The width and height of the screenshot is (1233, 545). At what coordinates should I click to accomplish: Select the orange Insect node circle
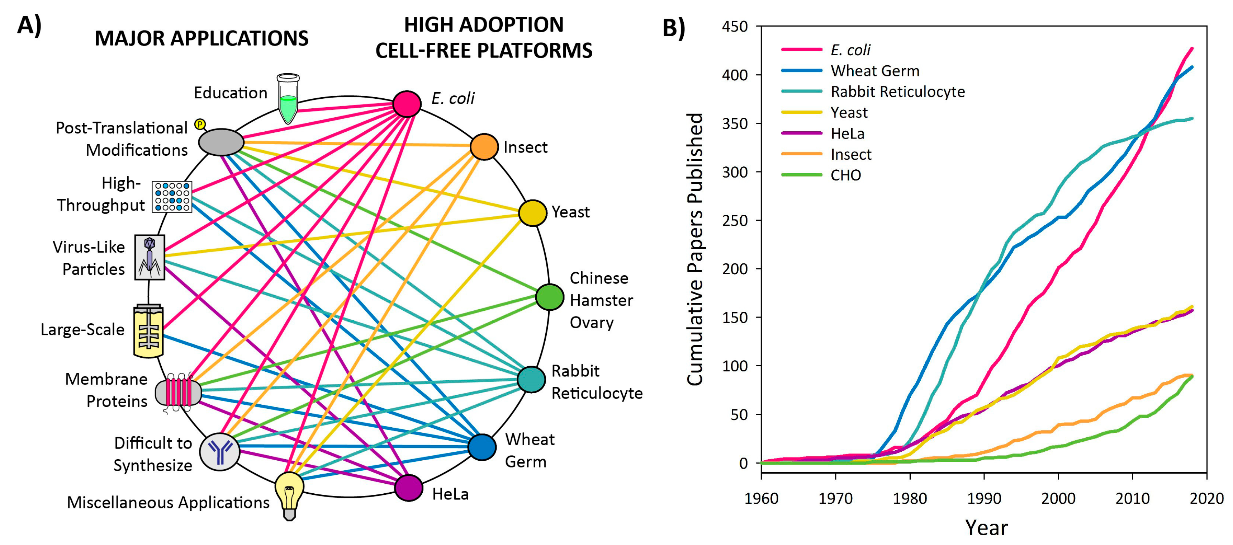click(x=484, y=146)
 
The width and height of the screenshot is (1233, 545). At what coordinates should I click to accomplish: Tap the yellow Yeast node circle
click(x=532, y=213)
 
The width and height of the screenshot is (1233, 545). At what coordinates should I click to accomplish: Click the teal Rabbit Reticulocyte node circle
click(x=531, y=379)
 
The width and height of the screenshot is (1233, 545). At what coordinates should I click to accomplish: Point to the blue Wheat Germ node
click(x=482, y=447)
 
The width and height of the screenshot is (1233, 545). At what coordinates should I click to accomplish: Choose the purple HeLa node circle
click(x=408, y=488)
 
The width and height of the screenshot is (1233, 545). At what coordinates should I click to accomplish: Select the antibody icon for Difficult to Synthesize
click(x=220, y=451)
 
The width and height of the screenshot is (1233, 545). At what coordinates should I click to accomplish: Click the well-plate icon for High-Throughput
click(x=172, y=196)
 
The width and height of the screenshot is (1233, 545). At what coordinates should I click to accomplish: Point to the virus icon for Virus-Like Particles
click(x=150, y=257)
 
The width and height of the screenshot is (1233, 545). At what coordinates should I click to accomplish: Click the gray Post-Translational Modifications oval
click(x=221, y=142)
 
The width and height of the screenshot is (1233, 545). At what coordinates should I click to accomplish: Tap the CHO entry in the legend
click(x=845, y=175)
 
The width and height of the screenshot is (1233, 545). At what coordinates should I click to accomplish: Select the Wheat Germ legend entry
click(x=874, y=71)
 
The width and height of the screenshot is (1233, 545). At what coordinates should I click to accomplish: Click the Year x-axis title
click(x=986, y=528)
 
